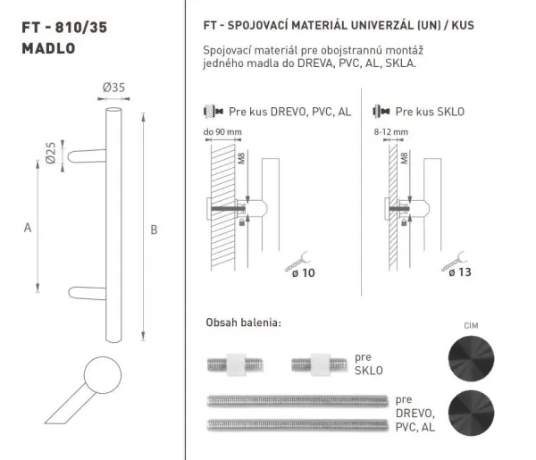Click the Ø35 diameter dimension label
[x=113, y=88]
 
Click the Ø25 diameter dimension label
[x=50, y=153]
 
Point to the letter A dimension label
[x=28, y=228]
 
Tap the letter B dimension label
[x=154, y=230]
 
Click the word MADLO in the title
[x=48, y=48]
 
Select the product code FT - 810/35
[x=64, y=28]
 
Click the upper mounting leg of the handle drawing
[x=87, y=155]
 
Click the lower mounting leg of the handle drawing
[x=88, y=293]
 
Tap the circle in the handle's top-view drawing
[x=103, y=375]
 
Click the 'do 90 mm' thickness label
[x=222, y=132]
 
